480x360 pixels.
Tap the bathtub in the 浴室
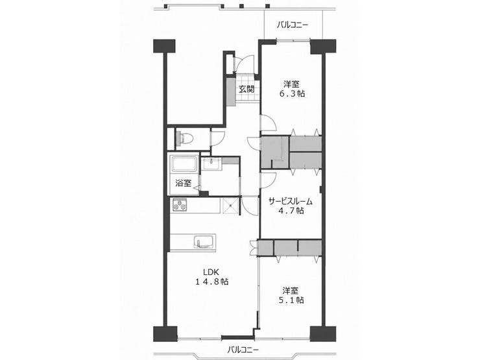tap(184, 164)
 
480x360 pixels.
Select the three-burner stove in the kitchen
tap(180, 204)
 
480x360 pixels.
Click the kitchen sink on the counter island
tap(203, 242)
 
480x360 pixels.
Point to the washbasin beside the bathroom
tap(211, 163)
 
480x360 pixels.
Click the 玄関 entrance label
tap(246, 90)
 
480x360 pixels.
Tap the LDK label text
tap(211, 272)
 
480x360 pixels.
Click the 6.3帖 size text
tap(292, 93)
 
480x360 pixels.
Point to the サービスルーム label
tap(290, 202)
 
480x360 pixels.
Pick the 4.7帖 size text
tap(291, 211)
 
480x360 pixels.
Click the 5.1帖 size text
tap(291, 300)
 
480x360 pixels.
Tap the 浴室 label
tap(184, 183)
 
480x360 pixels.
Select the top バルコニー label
tap(293, 25)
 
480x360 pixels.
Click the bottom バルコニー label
tap(243, 349)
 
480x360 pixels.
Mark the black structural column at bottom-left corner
tap(165, 334)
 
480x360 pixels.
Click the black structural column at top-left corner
tap(164, 46)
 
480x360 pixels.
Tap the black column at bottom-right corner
tap(323, 334)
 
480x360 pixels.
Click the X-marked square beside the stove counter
tap(230, 206)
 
